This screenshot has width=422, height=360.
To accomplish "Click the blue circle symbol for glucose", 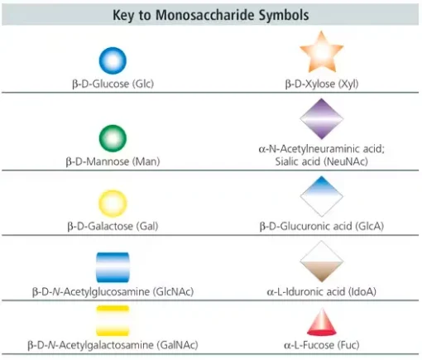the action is click(113, 60).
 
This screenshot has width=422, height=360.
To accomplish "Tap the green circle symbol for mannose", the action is click(113, 138).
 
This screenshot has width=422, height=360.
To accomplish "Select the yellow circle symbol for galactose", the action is click(113, 204).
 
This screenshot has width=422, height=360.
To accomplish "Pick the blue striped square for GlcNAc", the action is click(113, 267).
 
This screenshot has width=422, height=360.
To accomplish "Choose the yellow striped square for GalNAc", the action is click(113, 320).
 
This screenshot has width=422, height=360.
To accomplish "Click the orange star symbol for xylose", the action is click(322, 52).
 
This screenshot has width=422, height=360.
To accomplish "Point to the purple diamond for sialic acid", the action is click(322, 119).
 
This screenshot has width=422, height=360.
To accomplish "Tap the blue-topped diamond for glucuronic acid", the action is click(322, 196).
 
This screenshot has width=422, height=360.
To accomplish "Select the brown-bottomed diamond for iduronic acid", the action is click(322, 262).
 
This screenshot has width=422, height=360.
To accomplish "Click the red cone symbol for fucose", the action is click(322, 323).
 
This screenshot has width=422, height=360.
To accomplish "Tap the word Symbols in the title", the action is click(284, 15).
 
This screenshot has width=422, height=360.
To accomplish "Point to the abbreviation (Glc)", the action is click(143, 84).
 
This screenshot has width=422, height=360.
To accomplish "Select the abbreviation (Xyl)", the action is click(348, 84).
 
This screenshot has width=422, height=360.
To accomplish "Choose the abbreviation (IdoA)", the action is click(362, 291).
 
